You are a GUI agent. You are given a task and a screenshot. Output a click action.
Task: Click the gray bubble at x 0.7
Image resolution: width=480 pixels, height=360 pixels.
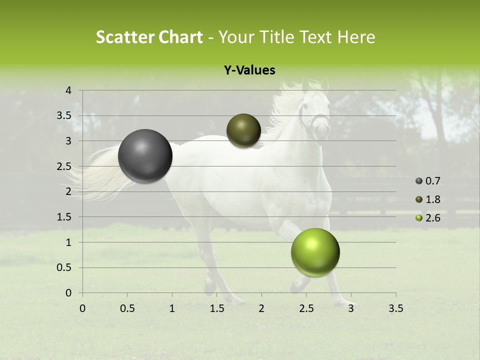pos(145,156)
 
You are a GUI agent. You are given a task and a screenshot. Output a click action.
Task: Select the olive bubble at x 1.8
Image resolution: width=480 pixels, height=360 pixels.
pos(243,130)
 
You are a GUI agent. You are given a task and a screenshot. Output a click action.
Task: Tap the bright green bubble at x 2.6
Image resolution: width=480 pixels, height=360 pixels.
pos(315,252)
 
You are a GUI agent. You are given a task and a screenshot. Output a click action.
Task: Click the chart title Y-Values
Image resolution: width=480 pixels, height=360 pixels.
pos(249,70)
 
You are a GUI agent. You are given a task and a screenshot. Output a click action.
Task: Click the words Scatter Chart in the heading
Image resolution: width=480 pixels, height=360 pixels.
pos(149,37)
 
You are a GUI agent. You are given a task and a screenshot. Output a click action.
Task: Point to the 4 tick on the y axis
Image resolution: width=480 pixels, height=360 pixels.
pos(68,90)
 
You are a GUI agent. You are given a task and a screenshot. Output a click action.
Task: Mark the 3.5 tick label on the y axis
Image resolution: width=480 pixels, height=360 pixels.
pos(64,116)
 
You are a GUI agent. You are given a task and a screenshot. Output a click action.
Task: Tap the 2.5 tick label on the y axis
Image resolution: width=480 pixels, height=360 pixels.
pos(64,166)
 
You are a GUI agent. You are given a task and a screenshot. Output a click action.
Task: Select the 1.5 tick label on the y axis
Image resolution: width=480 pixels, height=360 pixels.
pos(64,217)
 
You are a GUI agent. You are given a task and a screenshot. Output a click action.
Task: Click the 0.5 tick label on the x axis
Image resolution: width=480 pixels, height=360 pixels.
pos(127,308)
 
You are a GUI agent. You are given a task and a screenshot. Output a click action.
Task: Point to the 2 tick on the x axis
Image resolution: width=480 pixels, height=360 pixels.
pos(261,308)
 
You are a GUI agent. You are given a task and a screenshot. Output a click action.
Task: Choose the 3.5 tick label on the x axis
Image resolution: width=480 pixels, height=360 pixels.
pos(395,308)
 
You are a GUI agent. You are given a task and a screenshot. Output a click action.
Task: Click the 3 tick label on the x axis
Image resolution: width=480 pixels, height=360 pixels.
pos(351,308)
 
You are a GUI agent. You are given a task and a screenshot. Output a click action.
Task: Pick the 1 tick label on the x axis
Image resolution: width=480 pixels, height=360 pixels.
pos(172,308)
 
